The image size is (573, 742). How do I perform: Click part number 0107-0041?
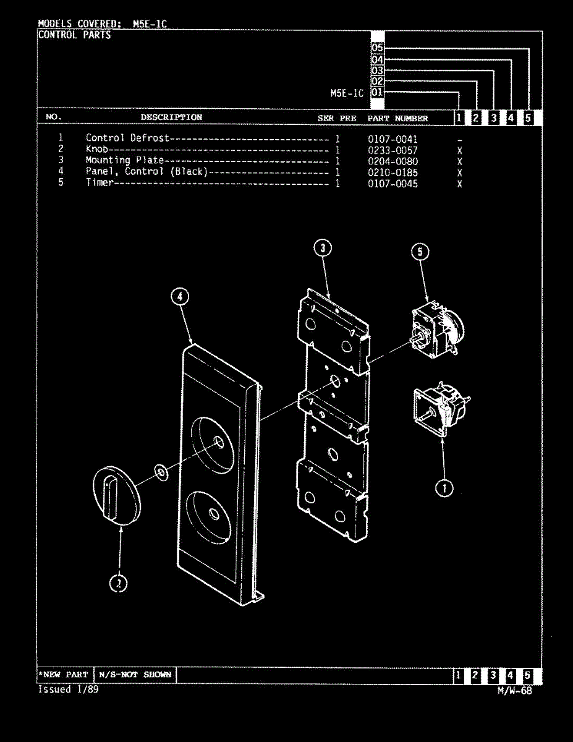(x=393, y=139)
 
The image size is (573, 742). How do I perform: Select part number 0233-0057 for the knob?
(x=393, y=150)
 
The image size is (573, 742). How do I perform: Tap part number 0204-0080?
(x=393, y=161)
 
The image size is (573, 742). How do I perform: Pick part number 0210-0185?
(x=393, y=173)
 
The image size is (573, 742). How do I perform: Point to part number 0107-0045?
(x=393, y=184)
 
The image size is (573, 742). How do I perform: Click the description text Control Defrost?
(x=127, y=139)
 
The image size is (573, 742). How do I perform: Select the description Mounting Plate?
(x=124, y=161)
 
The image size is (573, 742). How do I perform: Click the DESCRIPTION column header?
(x=171, y=117)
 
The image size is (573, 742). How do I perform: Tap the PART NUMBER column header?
(x=397, y=118)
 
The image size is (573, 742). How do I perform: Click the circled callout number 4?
(x=179, y=297)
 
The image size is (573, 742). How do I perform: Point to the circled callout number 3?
(x=322, y=249)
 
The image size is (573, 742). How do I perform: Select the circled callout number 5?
(x=420, y=252)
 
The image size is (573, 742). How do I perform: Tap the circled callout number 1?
(x=443, y=488)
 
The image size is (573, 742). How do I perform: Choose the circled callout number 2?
(x=119, y=582)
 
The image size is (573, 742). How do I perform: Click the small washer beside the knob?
(x=161, y=473)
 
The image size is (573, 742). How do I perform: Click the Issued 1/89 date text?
(x=68, y=689)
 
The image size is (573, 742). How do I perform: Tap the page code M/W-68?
(x=514, y=691)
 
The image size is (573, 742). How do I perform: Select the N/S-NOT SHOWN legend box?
(x=135, y=675)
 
